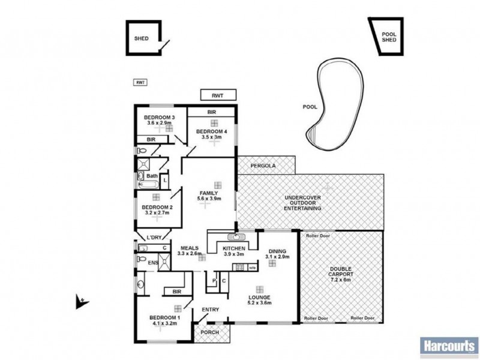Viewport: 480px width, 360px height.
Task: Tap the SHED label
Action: pyautogui.click(x=141, y=38)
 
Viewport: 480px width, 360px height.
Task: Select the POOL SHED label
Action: pyautogui.click(x=389, y=38)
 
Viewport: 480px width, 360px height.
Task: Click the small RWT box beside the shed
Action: pyautogui.click(x=140, y=82)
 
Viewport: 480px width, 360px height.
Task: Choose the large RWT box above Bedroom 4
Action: pyautogui.click(x=218, y=95)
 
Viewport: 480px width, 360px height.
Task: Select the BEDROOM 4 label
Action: pyautogui.click(x=212, y=131)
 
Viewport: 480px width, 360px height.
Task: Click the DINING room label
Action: pyautogui.click(x=278, y=251)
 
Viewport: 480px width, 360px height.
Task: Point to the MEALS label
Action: pyautogui.click(x=189, y=247)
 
